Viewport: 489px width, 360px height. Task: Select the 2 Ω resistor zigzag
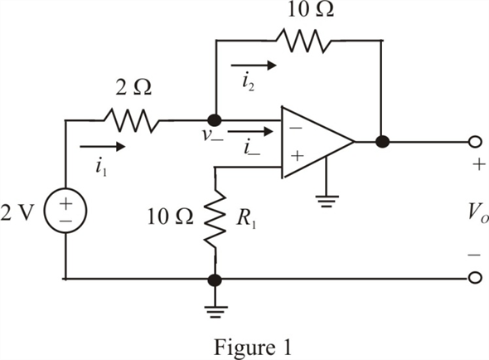tap(131, 120)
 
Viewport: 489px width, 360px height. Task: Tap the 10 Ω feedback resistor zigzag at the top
tap(303, 41)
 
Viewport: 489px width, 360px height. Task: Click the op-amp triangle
tap(317, 143)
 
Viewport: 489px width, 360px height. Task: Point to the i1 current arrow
tap(103, 146)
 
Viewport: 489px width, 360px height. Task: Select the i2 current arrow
tap(254, 66)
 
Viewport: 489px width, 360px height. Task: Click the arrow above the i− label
tap(250, 131)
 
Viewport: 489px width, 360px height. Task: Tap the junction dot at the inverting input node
tap(215, 120)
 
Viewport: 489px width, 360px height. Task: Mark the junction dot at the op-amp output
tap(382, 142)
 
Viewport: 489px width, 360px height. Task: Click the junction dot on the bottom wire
tap(215, 280)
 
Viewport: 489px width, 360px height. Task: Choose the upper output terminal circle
tap(475, 142)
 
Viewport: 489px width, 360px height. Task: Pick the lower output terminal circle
tap(475, 277)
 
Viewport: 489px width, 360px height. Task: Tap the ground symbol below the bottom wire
tap(215, 312)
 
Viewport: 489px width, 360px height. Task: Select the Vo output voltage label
tap(477, 214)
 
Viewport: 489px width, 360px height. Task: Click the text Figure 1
tap(253, 348)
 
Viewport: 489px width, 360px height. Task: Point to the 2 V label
tap(17, 213)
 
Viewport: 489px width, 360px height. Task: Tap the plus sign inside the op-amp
tap(298, 155)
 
